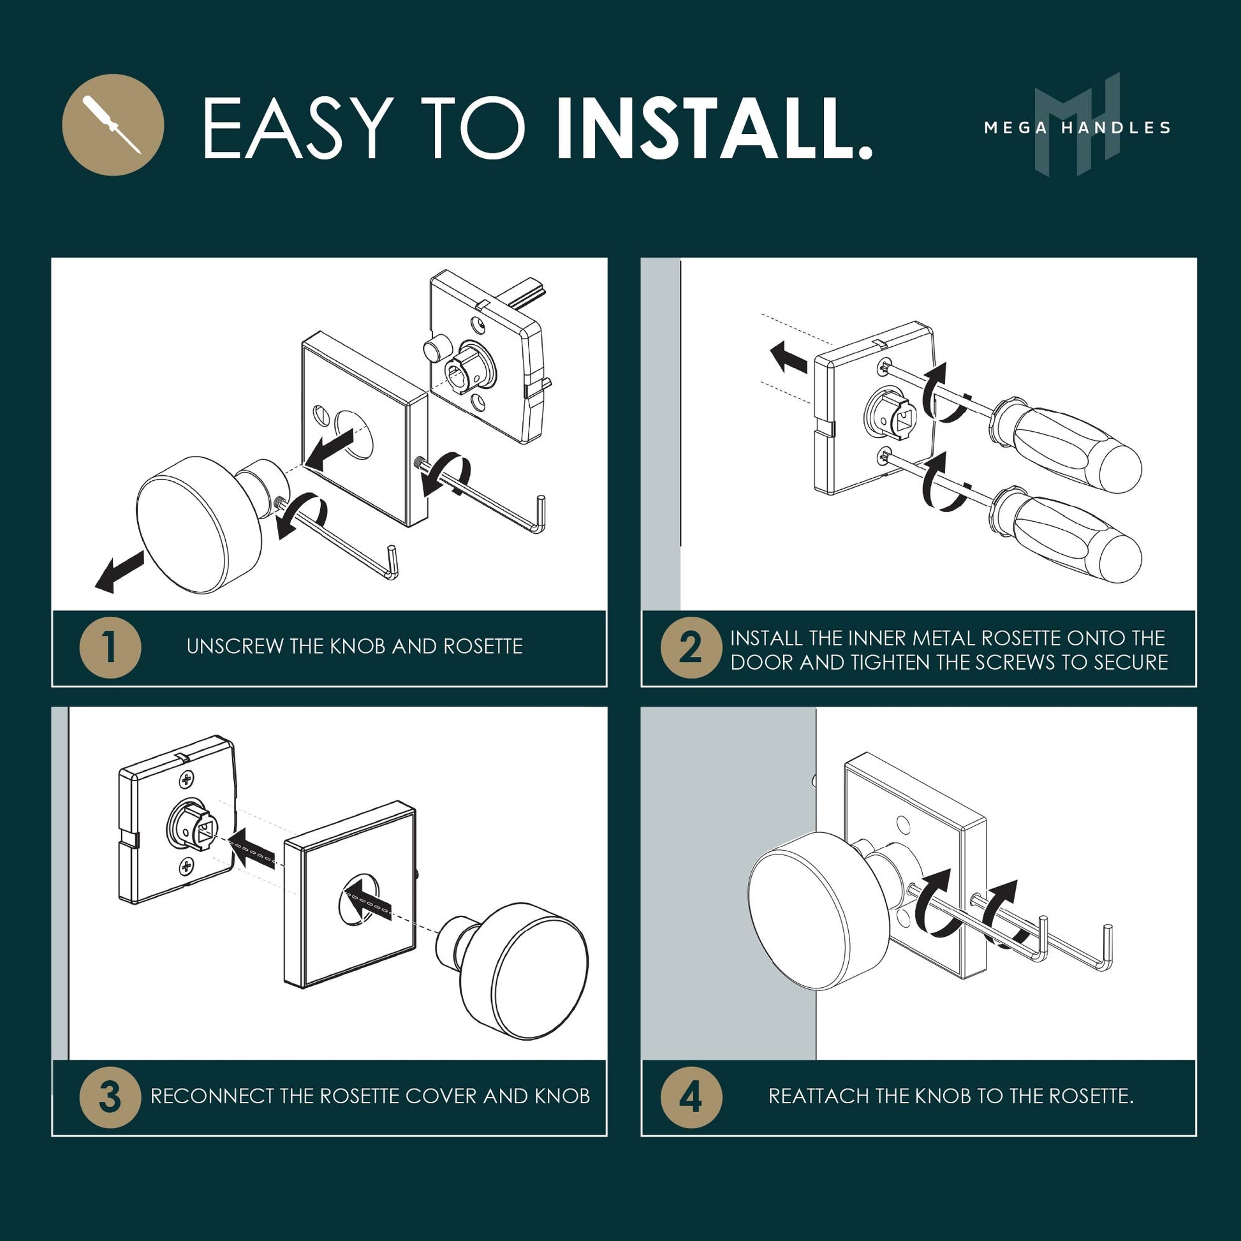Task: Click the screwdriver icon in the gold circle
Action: point(112,124)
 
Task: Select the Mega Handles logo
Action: point(1077,125)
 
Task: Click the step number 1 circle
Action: point(110,647)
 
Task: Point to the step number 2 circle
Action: point(691,647)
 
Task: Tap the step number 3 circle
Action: point(110,1097)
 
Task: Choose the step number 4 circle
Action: point(691,1097)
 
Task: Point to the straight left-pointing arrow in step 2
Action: point(789,358)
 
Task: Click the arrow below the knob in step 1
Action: point(119,571)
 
